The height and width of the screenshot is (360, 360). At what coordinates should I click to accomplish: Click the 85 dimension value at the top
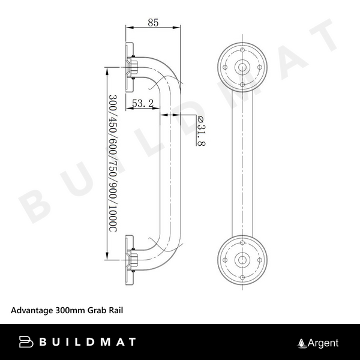pos(153,23)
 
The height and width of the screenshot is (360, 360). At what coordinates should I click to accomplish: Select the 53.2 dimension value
pos(143,104)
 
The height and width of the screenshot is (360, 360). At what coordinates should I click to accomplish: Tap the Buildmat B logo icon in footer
pos(26,343)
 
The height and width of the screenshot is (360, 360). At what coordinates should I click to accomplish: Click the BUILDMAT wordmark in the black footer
pos(87,343)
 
